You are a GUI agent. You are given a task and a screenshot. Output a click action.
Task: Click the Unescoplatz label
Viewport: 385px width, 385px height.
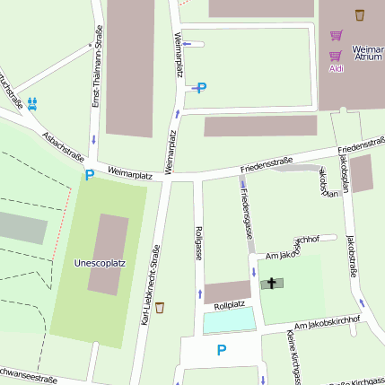click(99, 263)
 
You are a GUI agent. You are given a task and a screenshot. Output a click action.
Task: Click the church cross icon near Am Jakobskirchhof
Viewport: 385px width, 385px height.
click(271, 284)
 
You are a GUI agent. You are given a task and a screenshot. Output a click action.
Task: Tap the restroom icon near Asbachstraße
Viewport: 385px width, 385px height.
click(32, 103)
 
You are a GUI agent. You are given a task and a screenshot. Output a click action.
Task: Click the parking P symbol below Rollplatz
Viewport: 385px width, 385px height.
click(222, 350)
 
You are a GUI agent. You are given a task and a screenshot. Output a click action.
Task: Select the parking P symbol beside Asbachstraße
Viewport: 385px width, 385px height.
click(89, 176)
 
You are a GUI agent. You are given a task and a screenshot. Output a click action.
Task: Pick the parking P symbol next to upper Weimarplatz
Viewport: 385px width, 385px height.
click(201, 87)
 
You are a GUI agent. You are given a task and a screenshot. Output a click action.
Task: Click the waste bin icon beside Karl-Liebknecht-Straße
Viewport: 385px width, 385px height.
click(160, 308)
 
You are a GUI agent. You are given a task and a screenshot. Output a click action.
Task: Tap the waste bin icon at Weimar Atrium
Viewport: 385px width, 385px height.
click(360, 14)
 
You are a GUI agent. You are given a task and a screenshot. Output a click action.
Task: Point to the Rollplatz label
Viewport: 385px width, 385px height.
click(229, 304)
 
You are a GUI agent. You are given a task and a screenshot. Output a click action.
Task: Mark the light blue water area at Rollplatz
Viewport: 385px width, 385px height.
click(229, 320)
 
